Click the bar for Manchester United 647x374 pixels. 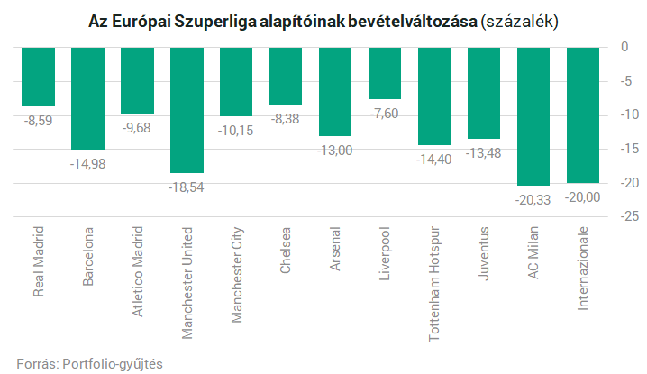pos(187,109)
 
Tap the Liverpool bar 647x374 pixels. pos(385,72)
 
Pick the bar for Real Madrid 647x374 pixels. pos(38,76)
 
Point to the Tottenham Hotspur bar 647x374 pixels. pos(434,96)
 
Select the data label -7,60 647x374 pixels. pos(385,112)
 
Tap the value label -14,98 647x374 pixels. pos(87,162)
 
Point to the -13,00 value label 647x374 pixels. pos(335,150)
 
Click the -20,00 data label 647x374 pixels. pos(583,196)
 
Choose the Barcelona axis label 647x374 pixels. pos(88,257)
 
